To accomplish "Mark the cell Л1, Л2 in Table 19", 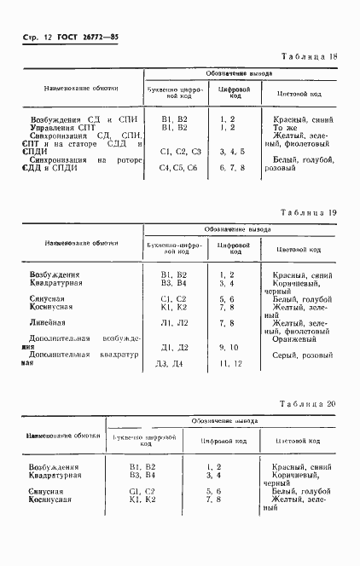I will pos(174,323).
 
